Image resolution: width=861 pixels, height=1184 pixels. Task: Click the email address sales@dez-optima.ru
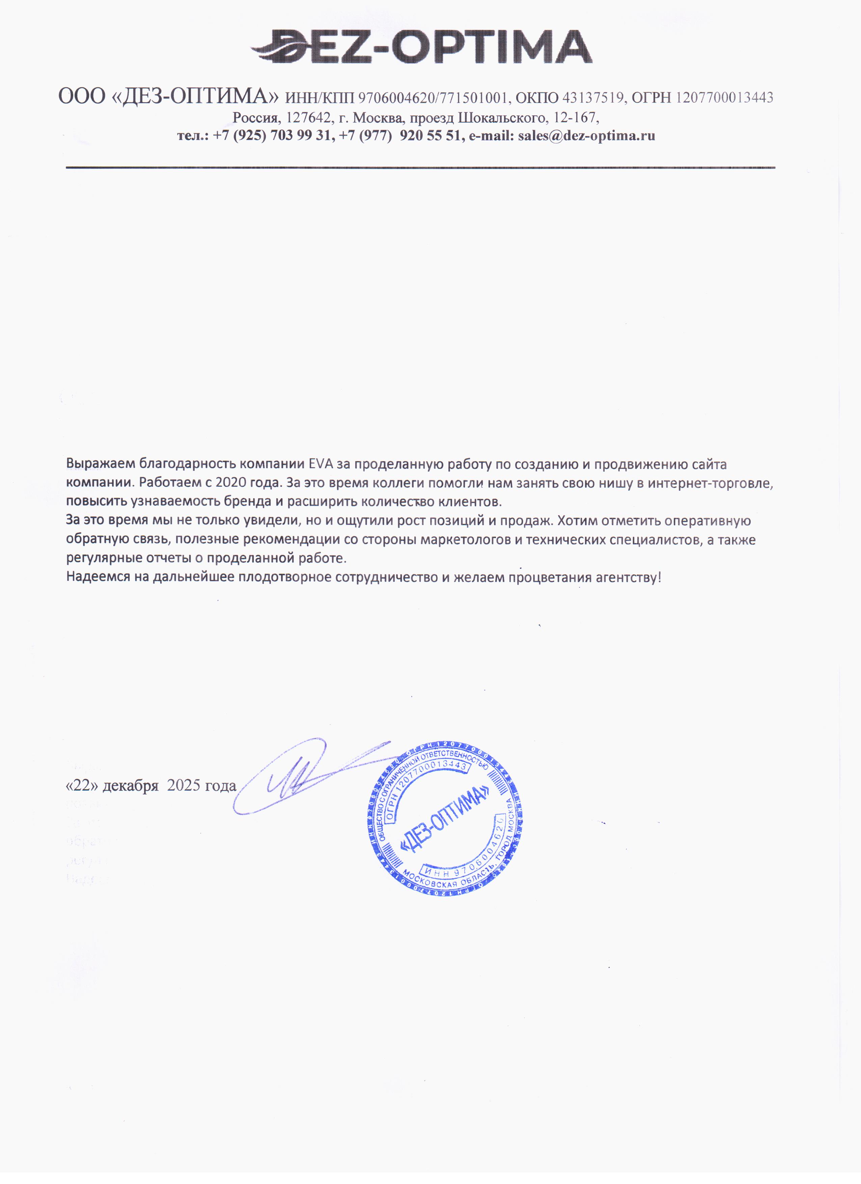click(586, 136)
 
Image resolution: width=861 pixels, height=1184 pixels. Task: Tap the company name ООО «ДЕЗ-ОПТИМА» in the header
click(170, 97)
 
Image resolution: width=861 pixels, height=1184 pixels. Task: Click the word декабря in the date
click(131, 785)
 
